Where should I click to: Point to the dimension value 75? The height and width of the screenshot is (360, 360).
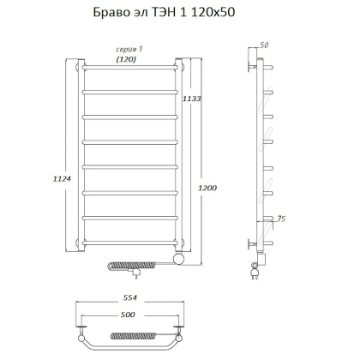click(278, 220)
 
